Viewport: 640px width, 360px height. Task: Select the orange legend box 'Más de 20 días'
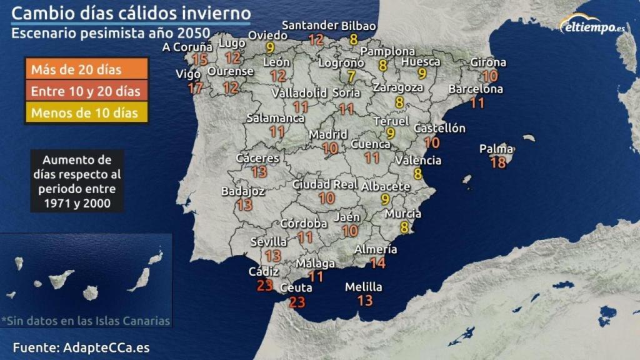pyautogui.click(x=86, y=69)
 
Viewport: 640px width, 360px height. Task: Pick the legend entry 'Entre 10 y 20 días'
pyautogui.click(x=86, y=91)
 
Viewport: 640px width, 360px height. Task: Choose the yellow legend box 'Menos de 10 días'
pyautogui.click(x=86, y=113)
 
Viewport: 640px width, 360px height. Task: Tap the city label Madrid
pyautogui.click(x=328, y=134)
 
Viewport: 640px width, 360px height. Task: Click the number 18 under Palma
pyautogui.click(x=498, y=162)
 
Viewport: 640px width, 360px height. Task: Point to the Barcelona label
pyautogui.click(x=476, y=89)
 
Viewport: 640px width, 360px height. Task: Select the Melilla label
pyautogui.click(x=364, y=287)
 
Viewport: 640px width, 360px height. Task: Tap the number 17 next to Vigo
pyautogui.click(x=196, y=87)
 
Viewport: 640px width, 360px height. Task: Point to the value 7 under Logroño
pyautogui.click(x=351, y=77)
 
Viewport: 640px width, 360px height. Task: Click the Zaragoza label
pyautogui.click(x=398, y=87)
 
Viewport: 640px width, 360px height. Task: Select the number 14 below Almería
pyautogui.click(x=377, y=263)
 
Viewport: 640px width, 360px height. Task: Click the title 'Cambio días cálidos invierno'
pyautogui.click(x=132, y=14)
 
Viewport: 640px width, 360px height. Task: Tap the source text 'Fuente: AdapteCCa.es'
pyautogui.click(x=81, y=347)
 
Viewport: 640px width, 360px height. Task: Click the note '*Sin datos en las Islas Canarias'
pyautogui.click(x=86, y=321)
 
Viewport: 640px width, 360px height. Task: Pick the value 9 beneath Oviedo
pyautogui.click(x=270, y=47)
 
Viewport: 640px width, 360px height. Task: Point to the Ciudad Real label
pyautogui.click(x=325, y=184)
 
